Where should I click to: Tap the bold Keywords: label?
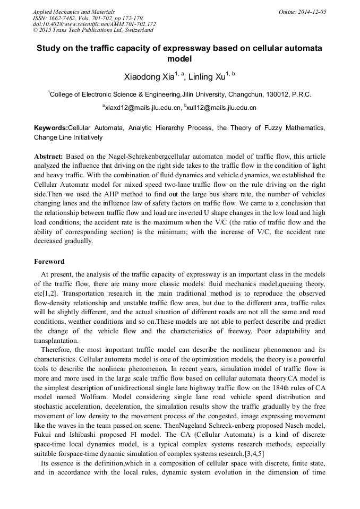[51, 128]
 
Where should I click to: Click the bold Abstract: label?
[49, 157]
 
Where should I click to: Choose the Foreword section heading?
[49, 262]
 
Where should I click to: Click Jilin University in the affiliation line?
[203, 94]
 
